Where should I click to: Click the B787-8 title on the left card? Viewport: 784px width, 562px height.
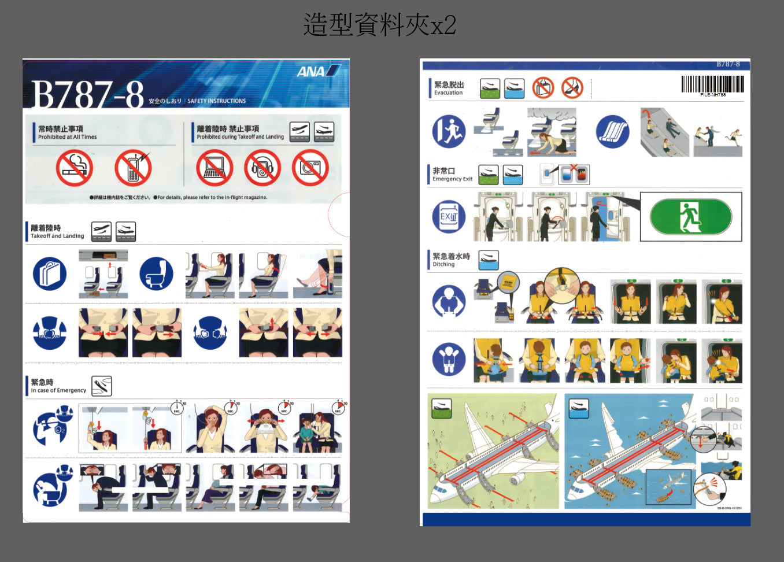coord(87,94)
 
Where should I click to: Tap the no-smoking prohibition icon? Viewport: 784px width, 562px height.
coord(75,168)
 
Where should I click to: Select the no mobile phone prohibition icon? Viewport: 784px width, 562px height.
coord(133,168)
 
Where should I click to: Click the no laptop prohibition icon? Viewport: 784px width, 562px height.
coord(214,168)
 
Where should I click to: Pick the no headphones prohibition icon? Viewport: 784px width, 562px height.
coord(262,168)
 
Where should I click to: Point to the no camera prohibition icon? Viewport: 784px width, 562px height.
coord(310,168)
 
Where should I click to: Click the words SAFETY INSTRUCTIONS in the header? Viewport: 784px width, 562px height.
coord(217,101)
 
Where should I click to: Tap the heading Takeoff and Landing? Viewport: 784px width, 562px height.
coord(57,236)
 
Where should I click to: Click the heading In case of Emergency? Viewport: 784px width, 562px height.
coord(58,390)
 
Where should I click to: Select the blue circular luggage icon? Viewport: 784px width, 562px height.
coord(50,274)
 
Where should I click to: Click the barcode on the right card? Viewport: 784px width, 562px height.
coord(712,84)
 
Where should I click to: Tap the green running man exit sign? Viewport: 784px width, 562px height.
coord(690,217)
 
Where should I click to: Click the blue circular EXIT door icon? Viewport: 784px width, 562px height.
coord(449,217)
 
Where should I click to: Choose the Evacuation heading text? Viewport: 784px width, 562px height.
coord(449,93)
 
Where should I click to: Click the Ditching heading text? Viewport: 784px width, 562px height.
coord(444,264)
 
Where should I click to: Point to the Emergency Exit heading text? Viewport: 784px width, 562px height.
coord(453,179)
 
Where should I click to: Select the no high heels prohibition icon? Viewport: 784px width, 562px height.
coord(572,88)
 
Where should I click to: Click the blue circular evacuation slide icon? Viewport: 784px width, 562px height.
coord(613,131)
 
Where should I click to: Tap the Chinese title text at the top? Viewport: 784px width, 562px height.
coord(380,25)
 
